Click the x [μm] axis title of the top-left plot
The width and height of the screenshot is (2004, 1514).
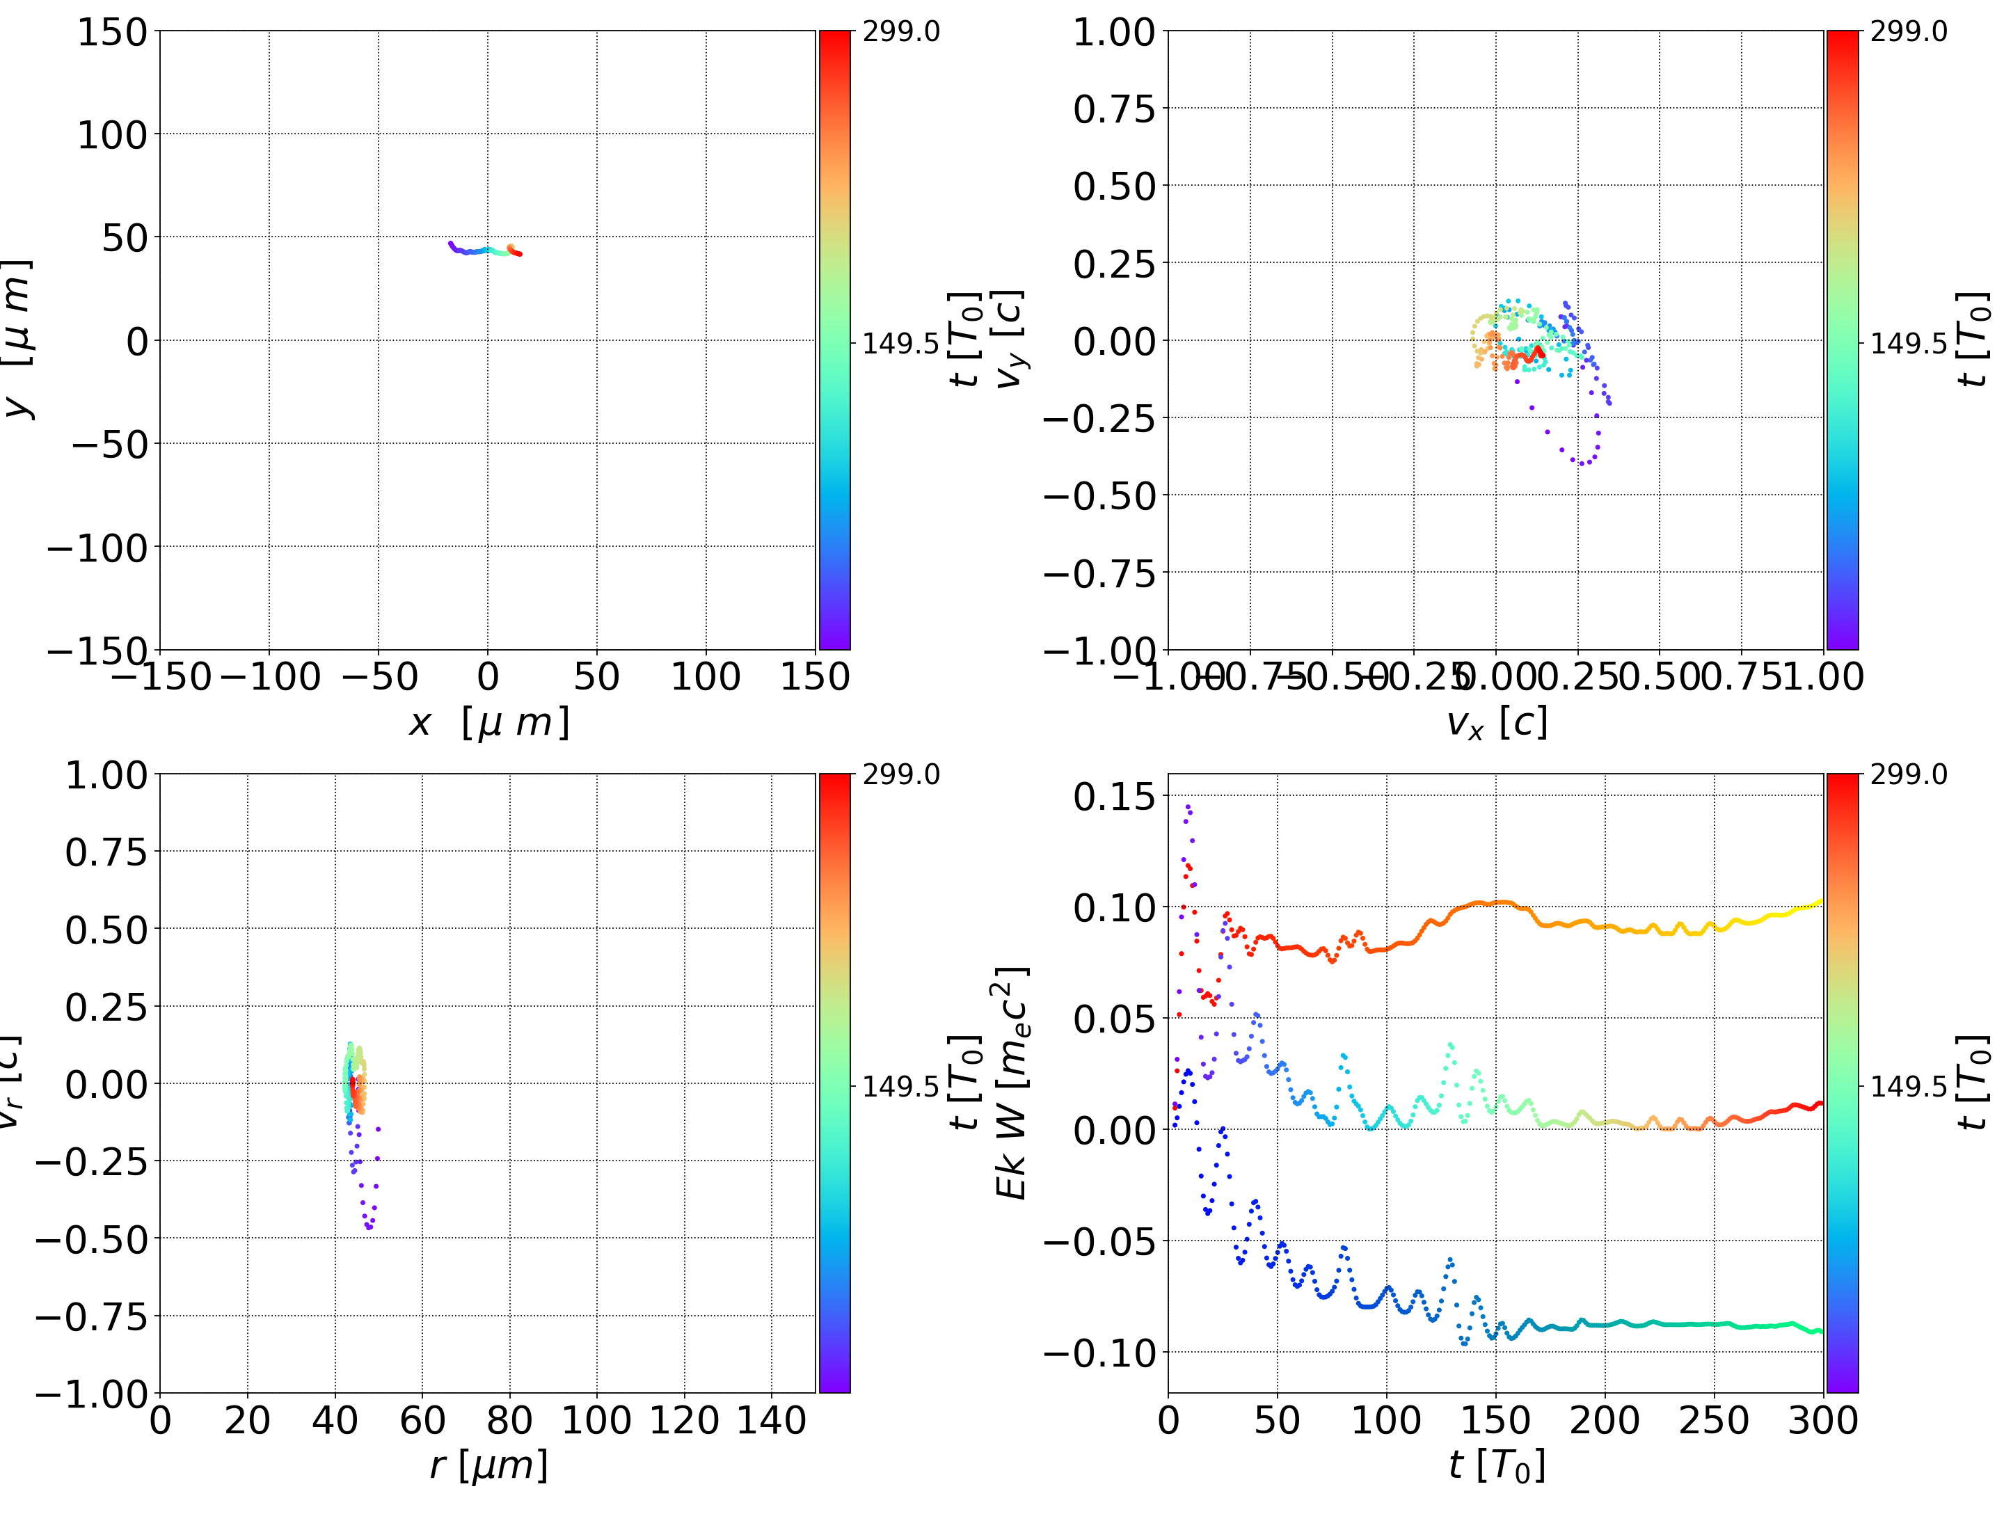488,723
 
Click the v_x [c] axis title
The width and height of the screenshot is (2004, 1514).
1497,723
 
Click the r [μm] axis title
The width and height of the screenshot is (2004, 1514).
488,1465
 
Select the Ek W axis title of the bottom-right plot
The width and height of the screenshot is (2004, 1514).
1011,1083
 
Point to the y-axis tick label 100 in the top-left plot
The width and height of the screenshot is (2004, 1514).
111,135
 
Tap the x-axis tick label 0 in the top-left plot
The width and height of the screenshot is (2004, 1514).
487,677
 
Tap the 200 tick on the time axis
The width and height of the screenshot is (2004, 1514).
1605,1420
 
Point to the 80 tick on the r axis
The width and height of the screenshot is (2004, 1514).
509,1420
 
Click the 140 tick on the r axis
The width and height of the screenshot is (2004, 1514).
771,1420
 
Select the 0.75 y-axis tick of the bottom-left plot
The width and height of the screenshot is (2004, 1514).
106,852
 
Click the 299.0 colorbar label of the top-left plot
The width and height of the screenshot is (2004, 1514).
900,33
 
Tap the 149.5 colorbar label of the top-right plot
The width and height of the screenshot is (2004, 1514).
1909,344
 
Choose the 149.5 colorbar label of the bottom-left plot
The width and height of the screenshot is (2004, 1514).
900,1085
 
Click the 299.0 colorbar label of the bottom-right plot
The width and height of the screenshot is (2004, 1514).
1909,774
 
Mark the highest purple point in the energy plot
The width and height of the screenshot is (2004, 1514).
1188,806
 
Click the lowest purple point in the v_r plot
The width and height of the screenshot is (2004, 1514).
369,1229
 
